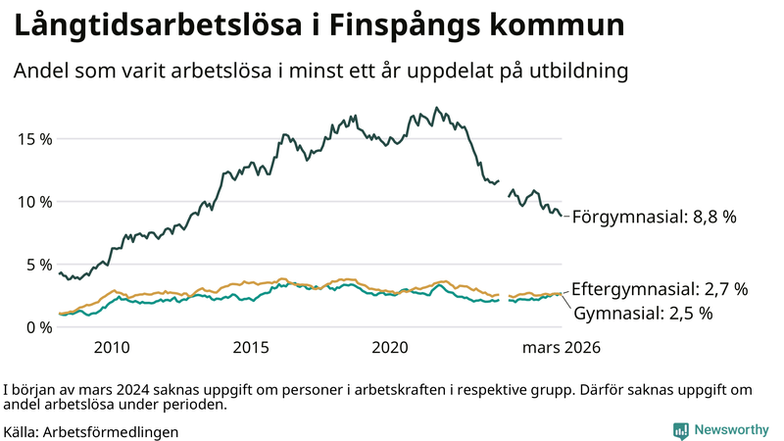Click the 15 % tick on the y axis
pyautogui.click(x=31, y=138)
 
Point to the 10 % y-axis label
pyautogui.click(x=31, y=201)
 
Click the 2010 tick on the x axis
pyautogui.click(x=112, y=347)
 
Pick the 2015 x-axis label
pyautogui.click(x=251, y=347)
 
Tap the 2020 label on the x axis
pyautogui.click(x=390, y=347)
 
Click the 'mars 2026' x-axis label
pyautogui.click(x=561, y=347)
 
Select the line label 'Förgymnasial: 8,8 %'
pyautogui.click(x=654, y=217)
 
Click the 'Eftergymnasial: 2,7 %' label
pyautogui.click(x=660, y=289)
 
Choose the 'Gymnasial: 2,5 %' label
pyautogui.click(x=643, y=314)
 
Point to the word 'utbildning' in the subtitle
pyautogui.click(x=579, y=73)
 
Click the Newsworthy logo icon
pyautogui.click(x=680, y=430)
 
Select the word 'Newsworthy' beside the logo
pyautogui.click(x=731, y=430)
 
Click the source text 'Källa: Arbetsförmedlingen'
pyautogui.click(x=96, y=431)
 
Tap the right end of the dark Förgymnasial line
pyautogui.click(x=562, y=216)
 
